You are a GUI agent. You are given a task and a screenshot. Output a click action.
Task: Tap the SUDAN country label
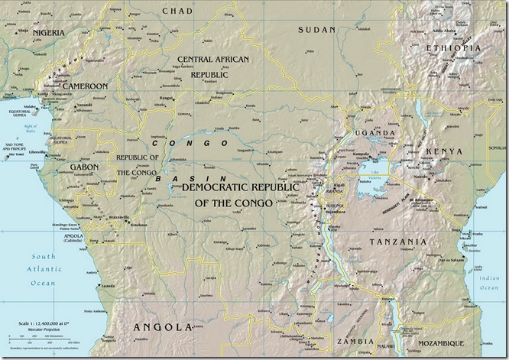pos(316,29)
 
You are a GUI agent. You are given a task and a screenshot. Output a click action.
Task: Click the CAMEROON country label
pos(84,86)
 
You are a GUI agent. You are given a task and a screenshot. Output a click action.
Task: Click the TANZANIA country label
pos(397,242)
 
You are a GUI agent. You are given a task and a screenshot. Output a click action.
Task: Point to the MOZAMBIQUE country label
pos(460,345)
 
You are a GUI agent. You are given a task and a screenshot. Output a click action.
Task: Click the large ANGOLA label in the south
pos(162,327)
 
